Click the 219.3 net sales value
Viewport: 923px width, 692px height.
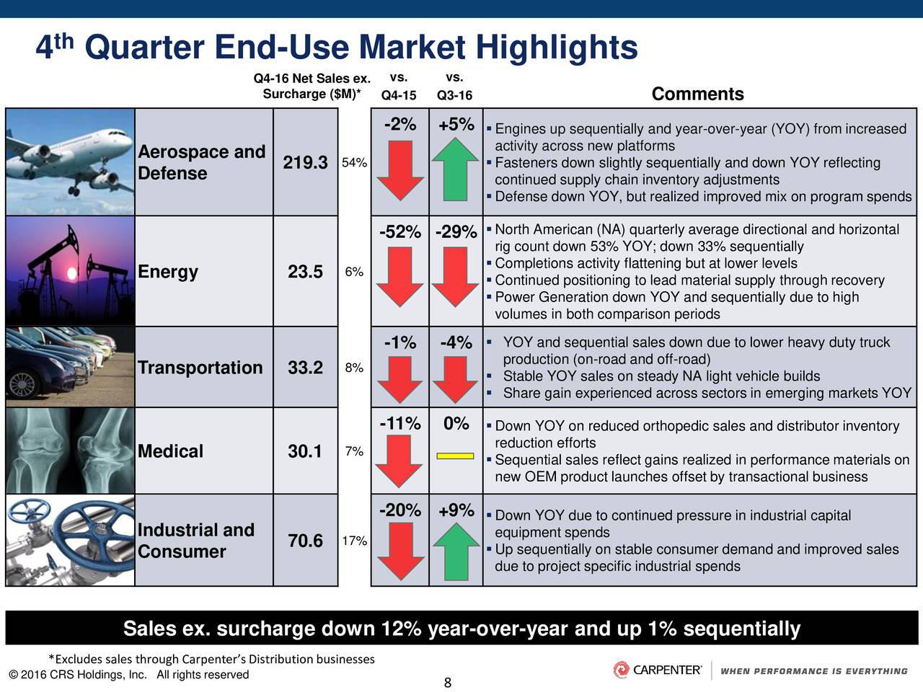pos(305,163)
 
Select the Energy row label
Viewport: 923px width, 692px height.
pos(168,272)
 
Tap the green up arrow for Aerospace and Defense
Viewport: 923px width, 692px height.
pos(456,169)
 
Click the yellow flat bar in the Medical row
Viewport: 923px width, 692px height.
pos(456,456)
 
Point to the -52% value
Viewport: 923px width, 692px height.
pos(400,232)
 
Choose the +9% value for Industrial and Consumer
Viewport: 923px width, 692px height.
pos(456,510)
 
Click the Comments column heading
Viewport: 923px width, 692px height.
pos(697,94)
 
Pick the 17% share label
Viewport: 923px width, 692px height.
pos(354,541)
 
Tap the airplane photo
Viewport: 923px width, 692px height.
pos(70,162)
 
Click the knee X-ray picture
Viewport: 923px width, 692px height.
pos(70,451)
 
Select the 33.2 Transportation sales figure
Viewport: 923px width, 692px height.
pos(305,368)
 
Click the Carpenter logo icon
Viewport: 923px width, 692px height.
pos(621,670)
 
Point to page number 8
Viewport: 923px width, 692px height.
pos(447,683)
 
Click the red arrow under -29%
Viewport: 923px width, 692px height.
pos(456,277)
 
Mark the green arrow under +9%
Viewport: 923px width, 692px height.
pos(456,551)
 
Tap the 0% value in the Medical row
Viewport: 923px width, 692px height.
pos(456,424)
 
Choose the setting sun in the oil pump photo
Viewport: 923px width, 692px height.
pos(72,273)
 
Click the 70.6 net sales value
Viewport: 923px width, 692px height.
pos(305,541)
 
